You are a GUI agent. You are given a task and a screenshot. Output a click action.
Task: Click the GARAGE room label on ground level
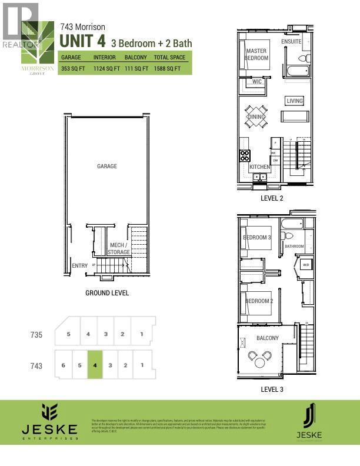[x=106, y=167]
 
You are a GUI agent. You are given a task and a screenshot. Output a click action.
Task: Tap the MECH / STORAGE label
[x=119, y=248]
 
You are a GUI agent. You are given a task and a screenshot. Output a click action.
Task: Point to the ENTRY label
[x=79, y=266]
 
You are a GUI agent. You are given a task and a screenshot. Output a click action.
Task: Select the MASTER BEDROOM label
[x=256, y=55]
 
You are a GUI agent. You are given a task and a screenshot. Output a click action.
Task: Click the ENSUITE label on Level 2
[x=292, y=42]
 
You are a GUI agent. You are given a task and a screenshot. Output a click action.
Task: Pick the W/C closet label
[x=256, y=82]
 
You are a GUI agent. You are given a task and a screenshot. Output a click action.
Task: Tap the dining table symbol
[x=256, y=116]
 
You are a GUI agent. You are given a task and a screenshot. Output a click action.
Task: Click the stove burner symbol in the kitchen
[x=245, y=156]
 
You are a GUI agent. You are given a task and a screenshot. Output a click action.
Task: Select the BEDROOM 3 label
[x=257, y=238]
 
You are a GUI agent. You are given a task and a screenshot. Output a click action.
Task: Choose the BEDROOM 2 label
[x=259, y=301]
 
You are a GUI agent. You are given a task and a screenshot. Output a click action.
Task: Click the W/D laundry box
[x=305, y=265]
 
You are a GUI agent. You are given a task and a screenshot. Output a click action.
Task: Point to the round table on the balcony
[x=260, y=357]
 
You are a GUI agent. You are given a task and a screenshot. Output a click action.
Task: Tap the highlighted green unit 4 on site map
[x=95, y=365]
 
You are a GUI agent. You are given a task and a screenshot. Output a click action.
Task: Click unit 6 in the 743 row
[x=63, y=365]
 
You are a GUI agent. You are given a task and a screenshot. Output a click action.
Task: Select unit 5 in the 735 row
[x=69, y=334]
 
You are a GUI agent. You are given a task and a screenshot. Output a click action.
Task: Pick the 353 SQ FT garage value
[x=74, y=69]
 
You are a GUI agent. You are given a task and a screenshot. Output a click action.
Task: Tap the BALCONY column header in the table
[x=136, y=58]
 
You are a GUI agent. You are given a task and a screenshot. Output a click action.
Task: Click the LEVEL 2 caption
[x=272, y=198]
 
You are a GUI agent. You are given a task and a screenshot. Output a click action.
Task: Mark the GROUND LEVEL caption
[x=107, y=292]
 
